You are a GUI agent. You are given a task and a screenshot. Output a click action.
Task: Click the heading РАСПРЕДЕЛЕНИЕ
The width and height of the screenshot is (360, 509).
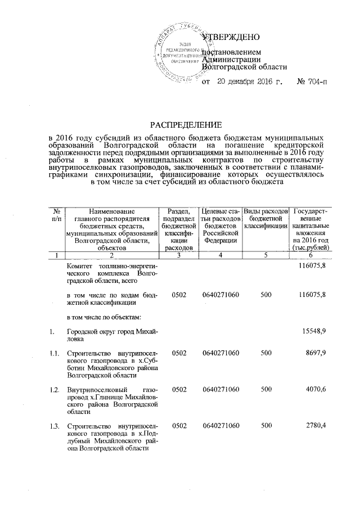[x=186, y=124]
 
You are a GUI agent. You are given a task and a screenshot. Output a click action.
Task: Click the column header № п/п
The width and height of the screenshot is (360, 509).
[x=56, y=213]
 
